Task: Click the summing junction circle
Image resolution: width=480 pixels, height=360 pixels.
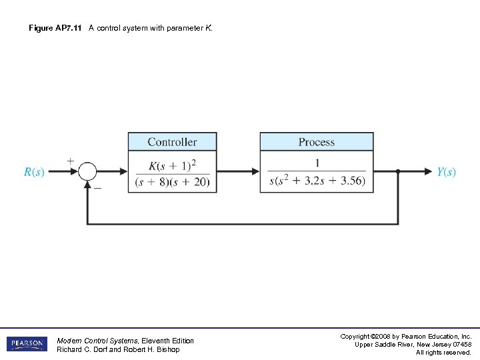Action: (x=87, y=172)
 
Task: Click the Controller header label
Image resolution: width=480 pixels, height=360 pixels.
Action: (x=172, y=142)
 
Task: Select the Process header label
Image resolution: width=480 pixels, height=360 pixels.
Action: (x=316, y=142)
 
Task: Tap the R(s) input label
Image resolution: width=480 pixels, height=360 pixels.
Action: (x=34, y=172)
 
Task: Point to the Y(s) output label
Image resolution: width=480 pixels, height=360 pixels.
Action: (x=447, y=172)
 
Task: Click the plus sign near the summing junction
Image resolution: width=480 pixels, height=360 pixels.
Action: (x=71, y=161)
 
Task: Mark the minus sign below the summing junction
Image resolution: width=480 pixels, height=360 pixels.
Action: (x=97, y=188)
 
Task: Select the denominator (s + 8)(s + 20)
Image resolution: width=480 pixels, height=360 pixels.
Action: (x=172, y=182)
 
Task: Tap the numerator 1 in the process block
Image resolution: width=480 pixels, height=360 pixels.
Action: (x=317, y=163)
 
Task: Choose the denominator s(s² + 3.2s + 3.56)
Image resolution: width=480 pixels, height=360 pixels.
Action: (x=317, y=182)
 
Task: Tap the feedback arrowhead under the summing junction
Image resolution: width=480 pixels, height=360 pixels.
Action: (x=87, y=184)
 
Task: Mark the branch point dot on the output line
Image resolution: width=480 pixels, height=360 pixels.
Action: (x=398, y=172)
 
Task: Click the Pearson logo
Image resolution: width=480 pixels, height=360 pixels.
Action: (x=27, y=344)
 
